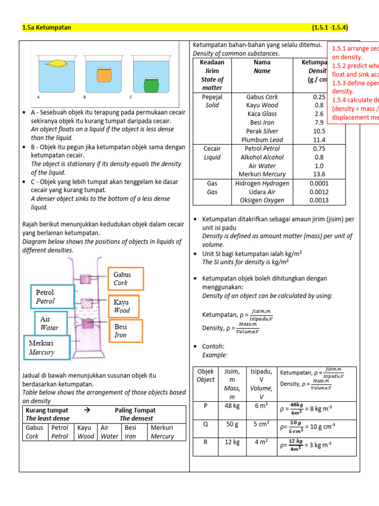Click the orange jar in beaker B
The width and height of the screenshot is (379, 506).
point(104,74)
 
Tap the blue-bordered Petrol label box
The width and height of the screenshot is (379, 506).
point(52,297)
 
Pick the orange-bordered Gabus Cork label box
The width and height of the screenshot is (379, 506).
point(126,279)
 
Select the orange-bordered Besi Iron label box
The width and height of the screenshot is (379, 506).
point(125,331)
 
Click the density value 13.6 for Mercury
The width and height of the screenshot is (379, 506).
point(319,174)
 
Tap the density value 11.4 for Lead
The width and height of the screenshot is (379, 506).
point(319,140)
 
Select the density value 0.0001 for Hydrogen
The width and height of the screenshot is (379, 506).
point(319,183)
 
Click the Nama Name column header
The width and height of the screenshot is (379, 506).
point(262,67)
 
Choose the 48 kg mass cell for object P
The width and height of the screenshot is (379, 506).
point(232,406)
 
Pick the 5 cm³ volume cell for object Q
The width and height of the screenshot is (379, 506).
point(262,423)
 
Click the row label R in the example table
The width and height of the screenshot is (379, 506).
point(205,442)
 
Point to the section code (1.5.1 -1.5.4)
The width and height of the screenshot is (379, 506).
point(333,28)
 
